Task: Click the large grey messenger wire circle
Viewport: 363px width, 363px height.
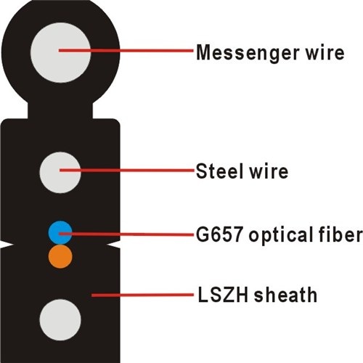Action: (x=60, y=52)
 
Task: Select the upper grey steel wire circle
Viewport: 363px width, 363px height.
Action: (x=60, y=173)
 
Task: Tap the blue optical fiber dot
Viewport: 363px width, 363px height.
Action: (x=60, y=232)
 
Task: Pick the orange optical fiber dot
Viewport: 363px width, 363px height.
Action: (x=60, y=256)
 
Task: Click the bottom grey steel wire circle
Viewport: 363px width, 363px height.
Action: (x=60, y=320)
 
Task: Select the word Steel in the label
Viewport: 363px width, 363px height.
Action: (x=219, y=171)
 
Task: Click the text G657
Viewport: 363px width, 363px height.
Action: (x=219, y=234)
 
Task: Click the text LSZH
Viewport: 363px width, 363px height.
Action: (x=223, y=295)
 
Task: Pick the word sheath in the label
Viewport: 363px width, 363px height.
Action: (x=285, y=295)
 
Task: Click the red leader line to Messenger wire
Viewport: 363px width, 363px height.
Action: (x=126, y=51)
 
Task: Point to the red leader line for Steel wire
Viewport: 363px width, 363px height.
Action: (x=127, y=171)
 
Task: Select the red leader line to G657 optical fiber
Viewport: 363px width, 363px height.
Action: (x=126, y=234)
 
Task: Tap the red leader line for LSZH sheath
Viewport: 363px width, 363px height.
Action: (x=142, y=295)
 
